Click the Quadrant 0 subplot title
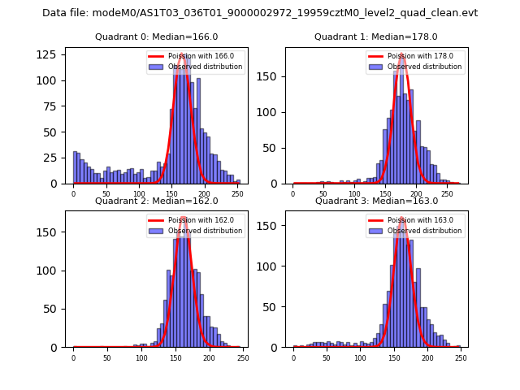(x=157, y=37)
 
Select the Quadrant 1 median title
(x=376, y=37)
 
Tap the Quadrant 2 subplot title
(x=157, y=201)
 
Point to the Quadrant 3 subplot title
(x=376, y=201)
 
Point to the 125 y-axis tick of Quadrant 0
(x=51, y=54)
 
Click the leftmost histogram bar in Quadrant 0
(x=75, y=167)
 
